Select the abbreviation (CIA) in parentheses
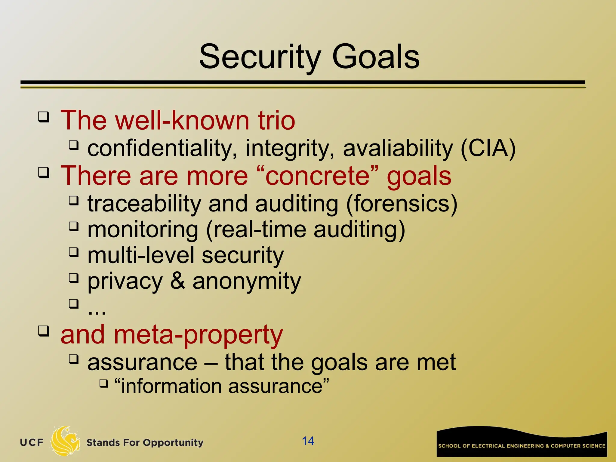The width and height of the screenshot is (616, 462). (488, 148)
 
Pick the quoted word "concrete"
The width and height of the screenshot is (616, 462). (317, 176)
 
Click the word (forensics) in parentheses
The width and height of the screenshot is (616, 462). (402, 204)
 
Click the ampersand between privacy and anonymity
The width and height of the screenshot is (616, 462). (177, 281)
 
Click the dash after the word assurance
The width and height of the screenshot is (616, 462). (211, 362)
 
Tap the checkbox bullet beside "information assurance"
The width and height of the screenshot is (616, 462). (103, 383)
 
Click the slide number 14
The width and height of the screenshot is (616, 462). (308, 441)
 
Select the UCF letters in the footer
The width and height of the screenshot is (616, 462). (32, 442)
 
